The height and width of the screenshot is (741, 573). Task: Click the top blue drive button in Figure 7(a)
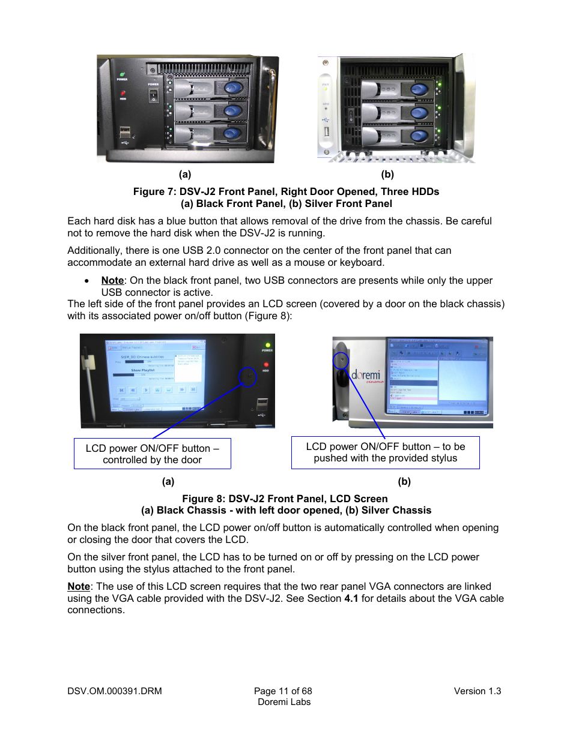233,89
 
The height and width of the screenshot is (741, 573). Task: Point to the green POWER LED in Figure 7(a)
123,74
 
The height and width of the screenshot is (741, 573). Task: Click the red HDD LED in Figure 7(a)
123,94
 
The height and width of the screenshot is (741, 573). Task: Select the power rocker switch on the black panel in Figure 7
153,95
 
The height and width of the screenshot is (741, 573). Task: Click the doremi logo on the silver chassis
366,376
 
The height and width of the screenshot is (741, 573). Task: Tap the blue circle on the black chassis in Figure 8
247,377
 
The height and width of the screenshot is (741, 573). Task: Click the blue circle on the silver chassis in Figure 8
341,360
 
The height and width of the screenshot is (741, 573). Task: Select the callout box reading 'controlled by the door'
153,454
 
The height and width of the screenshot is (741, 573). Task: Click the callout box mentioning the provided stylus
385,452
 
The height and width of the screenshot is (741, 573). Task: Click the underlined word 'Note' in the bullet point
112,280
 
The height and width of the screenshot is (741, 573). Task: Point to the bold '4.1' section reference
351,598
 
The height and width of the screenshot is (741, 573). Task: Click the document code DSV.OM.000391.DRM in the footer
115,691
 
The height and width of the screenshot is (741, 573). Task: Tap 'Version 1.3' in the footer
477,691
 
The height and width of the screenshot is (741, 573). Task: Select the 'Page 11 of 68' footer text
283,691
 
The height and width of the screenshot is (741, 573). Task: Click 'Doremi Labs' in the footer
284,702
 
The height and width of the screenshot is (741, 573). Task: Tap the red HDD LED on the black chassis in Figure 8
266,364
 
